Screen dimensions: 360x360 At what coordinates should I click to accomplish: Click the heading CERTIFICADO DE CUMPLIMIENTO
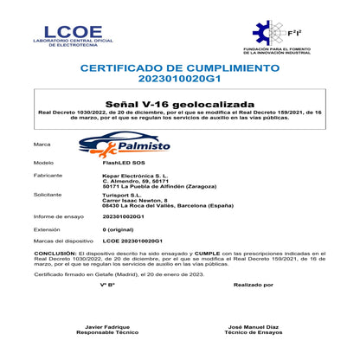pos(180,67)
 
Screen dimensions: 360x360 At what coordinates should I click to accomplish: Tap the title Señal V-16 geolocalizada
pos(179,102)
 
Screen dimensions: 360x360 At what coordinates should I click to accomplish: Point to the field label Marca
pos(41,145)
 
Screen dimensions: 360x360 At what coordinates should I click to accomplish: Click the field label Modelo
pos(43,162)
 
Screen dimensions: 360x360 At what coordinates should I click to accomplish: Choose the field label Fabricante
pos(47,176)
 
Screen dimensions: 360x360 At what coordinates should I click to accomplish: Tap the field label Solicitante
pos(48,196)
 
